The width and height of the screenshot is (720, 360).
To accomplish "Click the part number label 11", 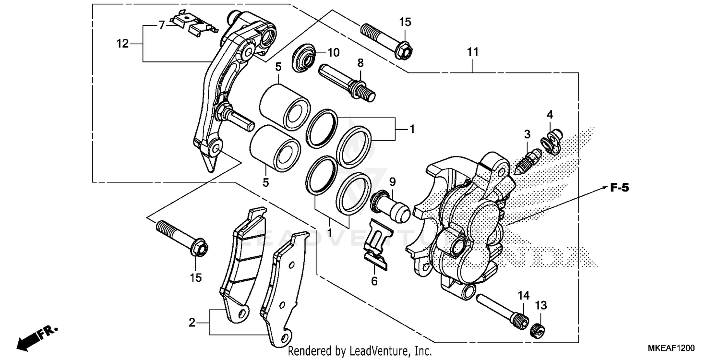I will point(473,52).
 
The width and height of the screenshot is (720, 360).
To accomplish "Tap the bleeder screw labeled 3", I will point(528,160).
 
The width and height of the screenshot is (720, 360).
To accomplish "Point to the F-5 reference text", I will point(619,188).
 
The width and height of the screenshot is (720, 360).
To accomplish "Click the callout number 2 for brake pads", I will point(192,323).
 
